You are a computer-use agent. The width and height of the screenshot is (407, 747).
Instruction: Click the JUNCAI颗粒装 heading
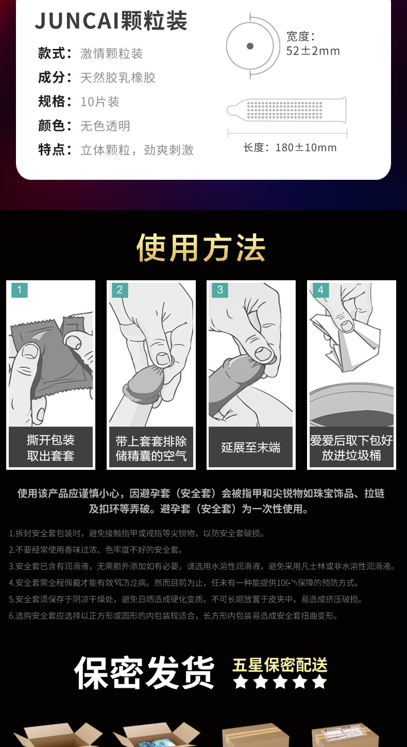tap(111, 21)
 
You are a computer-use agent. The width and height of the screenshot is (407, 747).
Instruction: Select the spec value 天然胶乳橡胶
tap(117, 78)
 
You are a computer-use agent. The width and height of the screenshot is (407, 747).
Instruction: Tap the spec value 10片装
tap(99, 102)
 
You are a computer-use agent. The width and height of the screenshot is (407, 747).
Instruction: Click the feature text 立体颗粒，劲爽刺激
tap(137, 150)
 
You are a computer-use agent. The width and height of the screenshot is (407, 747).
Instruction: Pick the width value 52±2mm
tap(313, 51)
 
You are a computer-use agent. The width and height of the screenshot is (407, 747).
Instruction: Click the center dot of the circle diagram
tap(250, 46)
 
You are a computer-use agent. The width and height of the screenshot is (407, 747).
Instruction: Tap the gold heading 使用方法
tap(201, 248)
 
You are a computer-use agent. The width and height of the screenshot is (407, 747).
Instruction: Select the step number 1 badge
tap(19, 290)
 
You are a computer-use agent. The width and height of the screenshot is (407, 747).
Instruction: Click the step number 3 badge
tap(220, 290)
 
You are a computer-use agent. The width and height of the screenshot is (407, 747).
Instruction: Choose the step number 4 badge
tap(320, 290)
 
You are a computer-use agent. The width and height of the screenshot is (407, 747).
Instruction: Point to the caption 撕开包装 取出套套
tap(50, 448)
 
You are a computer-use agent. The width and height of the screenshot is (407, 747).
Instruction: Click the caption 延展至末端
tap(251, 448)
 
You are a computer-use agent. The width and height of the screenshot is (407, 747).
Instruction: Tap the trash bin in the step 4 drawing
tap(351, 404)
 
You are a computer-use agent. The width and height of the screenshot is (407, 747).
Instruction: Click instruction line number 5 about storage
tap(185, 599)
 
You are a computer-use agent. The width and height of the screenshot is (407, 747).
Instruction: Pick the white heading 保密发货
tap(144, 673)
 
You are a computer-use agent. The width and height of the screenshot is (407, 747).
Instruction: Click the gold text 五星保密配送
tap(280, 665)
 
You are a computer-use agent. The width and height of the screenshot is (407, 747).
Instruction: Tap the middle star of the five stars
tap(280, 682)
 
